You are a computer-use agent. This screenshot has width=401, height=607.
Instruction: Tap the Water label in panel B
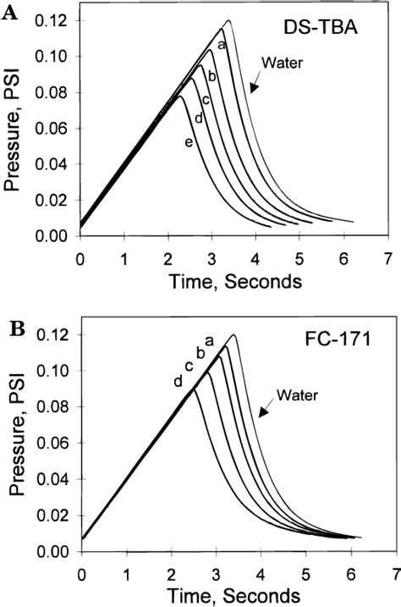coord(292,393)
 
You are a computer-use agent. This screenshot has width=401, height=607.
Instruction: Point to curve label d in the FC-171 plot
coord(178,381)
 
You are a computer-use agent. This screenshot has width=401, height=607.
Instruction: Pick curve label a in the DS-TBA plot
coord(220,45)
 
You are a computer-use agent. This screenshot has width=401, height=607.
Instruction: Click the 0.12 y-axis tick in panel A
coord(53,20)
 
